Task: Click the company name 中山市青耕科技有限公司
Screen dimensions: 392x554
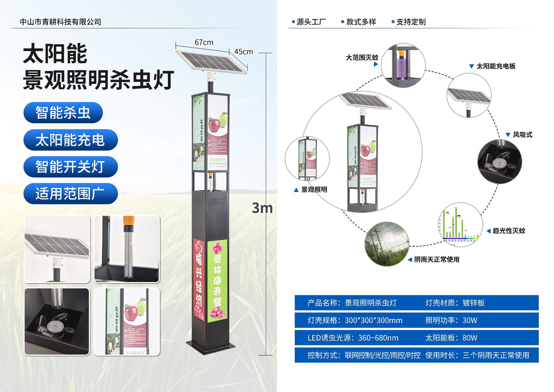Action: [x=60, y=22]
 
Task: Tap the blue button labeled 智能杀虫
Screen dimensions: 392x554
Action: [x=63, y=113]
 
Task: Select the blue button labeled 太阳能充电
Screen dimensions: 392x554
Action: [x=70, y=140]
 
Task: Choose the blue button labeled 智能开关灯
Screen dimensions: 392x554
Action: [x=70, y=167]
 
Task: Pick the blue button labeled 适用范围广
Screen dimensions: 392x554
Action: [x=70, y=194]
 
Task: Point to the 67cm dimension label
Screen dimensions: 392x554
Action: [x=204, y=42]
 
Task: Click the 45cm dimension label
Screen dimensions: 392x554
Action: [x=244, y=52]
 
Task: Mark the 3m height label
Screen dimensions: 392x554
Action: [x=262, y=208]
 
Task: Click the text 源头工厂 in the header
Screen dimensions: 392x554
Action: [x=311, y=22]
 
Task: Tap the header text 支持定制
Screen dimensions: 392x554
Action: [x=411, y=22]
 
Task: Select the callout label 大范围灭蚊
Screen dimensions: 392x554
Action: [x=362, y=57]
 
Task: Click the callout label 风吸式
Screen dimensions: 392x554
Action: [x=523, y=135]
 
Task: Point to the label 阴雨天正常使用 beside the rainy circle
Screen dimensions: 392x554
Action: [x=437, y=259]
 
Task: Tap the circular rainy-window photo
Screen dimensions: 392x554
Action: [x=387, y=244]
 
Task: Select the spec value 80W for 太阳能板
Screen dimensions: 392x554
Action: [x=470, y=338]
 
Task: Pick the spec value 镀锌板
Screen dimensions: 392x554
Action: [x=473, y=303]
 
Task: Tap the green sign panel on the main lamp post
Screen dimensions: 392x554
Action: [x=217, y=280]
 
